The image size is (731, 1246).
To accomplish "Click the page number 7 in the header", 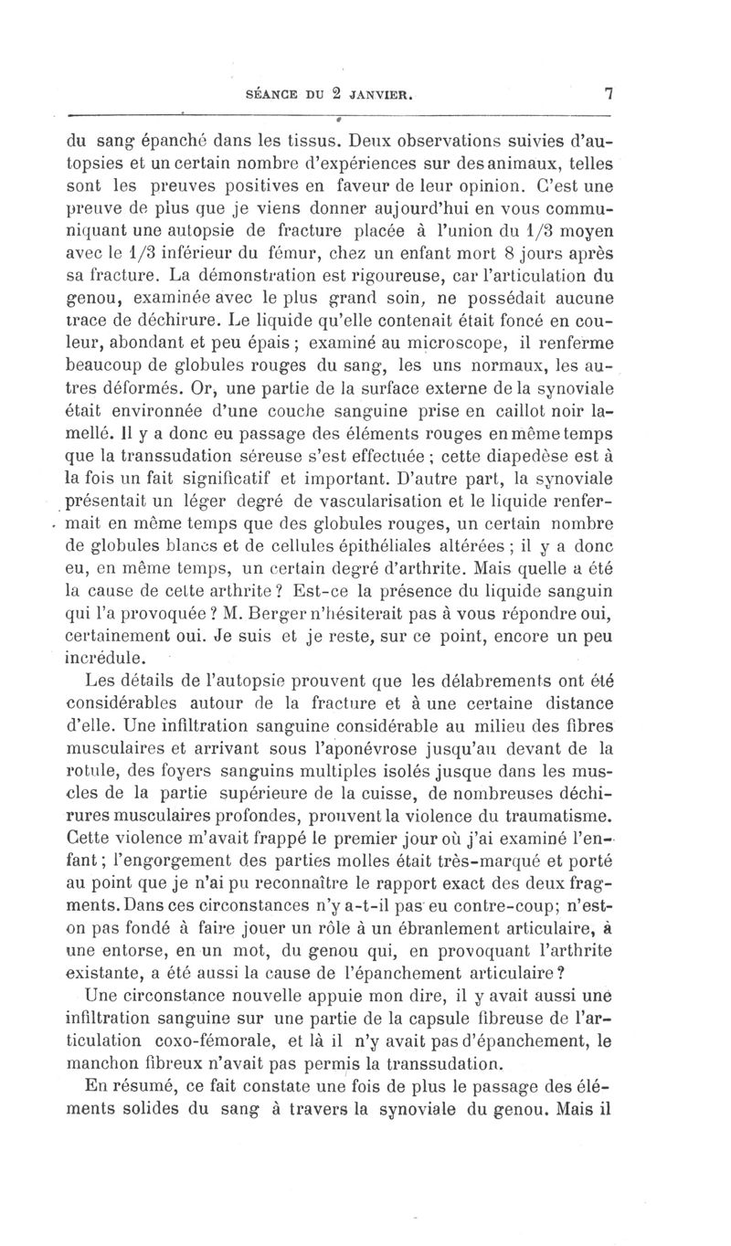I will tap(606, 93).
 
